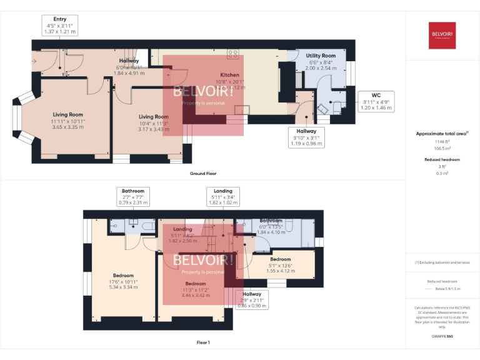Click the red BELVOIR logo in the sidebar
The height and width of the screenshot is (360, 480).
[x=442, y=34]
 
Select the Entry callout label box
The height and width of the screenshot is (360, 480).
[x=59, y=25]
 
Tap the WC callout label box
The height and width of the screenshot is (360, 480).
[x=376, y=101]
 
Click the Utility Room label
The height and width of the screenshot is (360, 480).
[x=321, y=56]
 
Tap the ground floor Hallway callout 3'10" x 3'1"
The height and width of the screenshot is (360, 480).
[x=306, y=137]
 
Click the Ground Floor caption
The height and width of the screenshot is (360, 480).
[x=203, y=172]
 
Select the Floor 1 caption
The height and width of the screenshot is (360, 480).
[x=203, y=342]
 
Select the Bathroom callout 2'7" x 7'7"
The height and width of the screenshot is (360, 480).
[x=132, y=197]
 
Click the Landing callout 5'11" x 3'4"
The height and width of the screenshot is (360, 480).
[x=222, y=197]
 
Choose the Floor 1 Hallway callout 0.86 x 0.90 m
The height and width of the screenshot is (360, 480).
[x=252, y=301]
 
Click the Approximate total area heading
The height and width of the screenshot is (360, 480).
[x=442, y=134]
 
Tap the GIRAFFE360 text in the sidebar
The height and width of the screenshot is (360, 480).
[x=442, y=337]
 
